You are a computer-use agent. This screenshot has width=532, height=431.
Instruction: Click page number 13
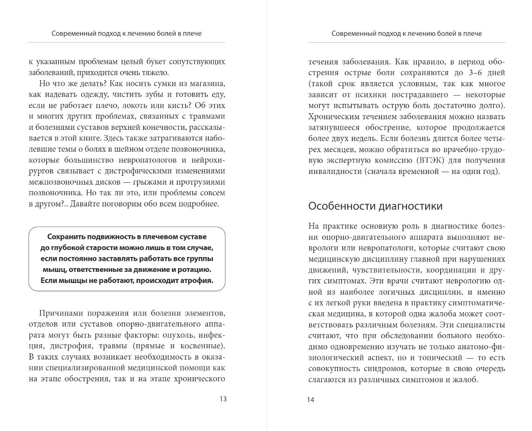(x=223, y=399)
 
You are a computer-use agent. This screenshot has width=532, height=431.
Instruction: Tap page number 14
(x=311, y=399)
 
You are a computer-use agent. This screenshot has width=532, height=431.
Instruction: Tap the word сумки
(x=168, y=84)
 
